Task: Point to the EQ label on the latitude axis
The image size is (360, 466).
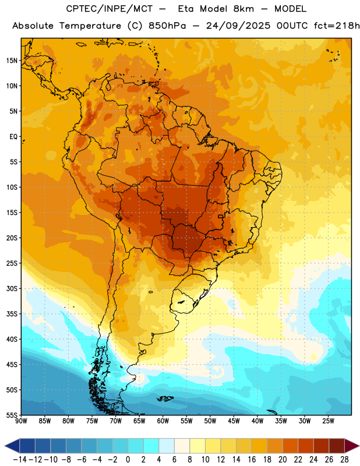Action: click(13, 137)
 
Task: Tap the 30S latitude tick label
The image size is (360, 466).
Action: click(12, 288)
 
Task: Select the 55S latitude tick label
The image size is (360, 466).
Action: click(12, 415)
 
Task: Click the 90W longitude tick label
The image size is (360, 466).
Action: click(22, 421)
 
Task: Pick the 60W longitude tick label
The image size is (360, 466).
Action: click(163, 421)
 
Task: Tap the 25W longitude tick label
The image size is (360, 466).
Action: click(329, 421)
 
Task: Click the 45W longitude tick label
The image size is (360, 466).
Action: click(234, 421)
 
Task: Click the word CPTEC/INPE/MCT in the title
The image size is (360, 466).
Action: click(110, 9)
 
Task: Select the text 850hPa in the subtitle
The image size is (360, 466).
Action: click(167, 26)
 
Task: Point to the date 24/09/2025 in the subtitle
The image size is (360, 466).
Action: click(238, 26)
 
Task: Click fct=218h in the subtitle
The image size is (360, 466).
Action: click(337, 26)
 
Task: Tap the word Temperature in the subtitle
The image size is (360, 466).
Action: click(90, 26)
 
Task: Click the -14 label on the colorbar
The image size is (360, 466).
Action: click(20, 460)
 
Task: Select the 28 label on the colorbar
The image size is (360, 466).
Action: click(344, 460)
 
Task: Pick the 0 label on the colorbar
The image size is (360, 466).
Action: click(128, 460)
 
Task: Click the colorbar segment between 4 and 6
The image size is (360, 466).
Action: click(167, 446)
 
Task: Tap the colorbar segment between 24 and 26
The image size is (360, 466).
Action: click(321, 446)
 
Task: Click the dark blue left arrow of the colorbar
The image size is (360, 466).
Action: click(12, 446)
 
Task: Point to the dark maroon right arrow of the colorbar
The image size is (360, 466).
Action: click(352, 446)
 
